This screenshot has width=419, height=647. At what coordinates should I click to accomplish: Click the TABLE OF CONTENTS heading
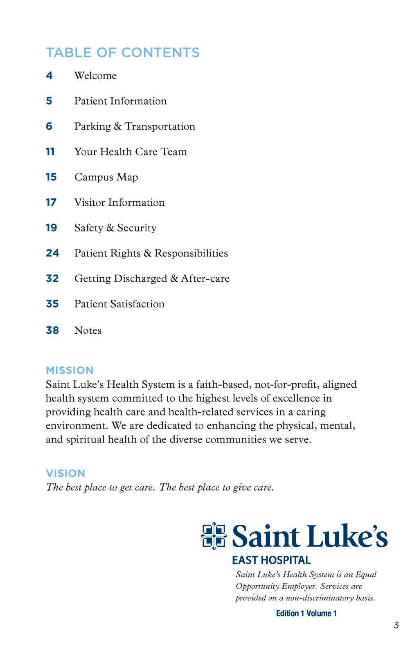pyautogui.click(x=123, y=53)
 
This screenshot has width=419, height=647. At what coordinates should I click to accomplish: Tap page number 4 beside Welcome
pyautogui.click(x=49, y=76)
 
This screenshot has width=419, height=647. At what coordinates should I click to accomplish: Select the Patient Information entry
pyautogui.click(x=120, y=101)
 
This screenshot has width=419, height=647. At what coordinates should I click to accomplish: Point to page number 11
pyautogui.click(x=50, y=152)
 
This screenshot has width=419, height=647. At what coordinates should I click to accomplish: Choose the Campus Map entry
pyautogui.click(x=106, y=177)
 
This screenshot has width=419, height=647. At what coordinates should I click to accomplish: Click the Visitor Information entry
pyautogui.click(x=119, y=202)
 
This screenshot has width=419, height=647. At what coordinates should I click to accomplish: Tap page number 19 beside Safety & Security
pyautogui.click(x=51, y=228)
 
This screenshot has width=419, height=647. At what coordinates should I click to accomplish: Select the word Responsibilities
pyautogui.click(x=191, y=253)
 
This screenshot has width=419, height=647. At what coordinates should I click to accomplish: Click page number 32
pyautogui.click(x=52, y=279)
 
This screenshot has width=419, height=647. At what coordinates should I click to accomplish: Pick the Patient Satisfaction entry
pyautogui.click(x=119, y=304)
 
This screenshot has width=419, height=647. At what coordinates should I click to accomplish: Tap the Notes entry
pyautogui.click(x=88, y=330)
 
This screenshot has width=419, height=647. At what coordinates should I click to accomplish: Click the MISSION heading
pyautogui.click(x=70, y=371)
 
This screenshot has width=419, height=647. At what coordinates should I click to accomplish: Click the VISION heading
pyautogui.click(x=65, y=474)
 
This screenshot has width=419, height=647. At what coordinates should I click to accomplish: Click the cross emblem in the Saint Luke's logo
pyautogui.click(x=214, y=536)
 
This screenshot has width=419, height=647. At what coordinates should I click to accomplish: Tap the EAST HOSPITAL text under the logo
pyautogui.click(x=271, y=560)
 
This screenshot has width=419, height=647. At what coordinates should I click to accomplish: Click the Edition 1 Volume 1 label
pyautogui.click(x=306, y=613)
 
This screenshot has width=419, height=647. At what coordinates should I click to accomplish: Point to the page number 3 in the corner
pyautogui.click(x=396, y=625)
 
